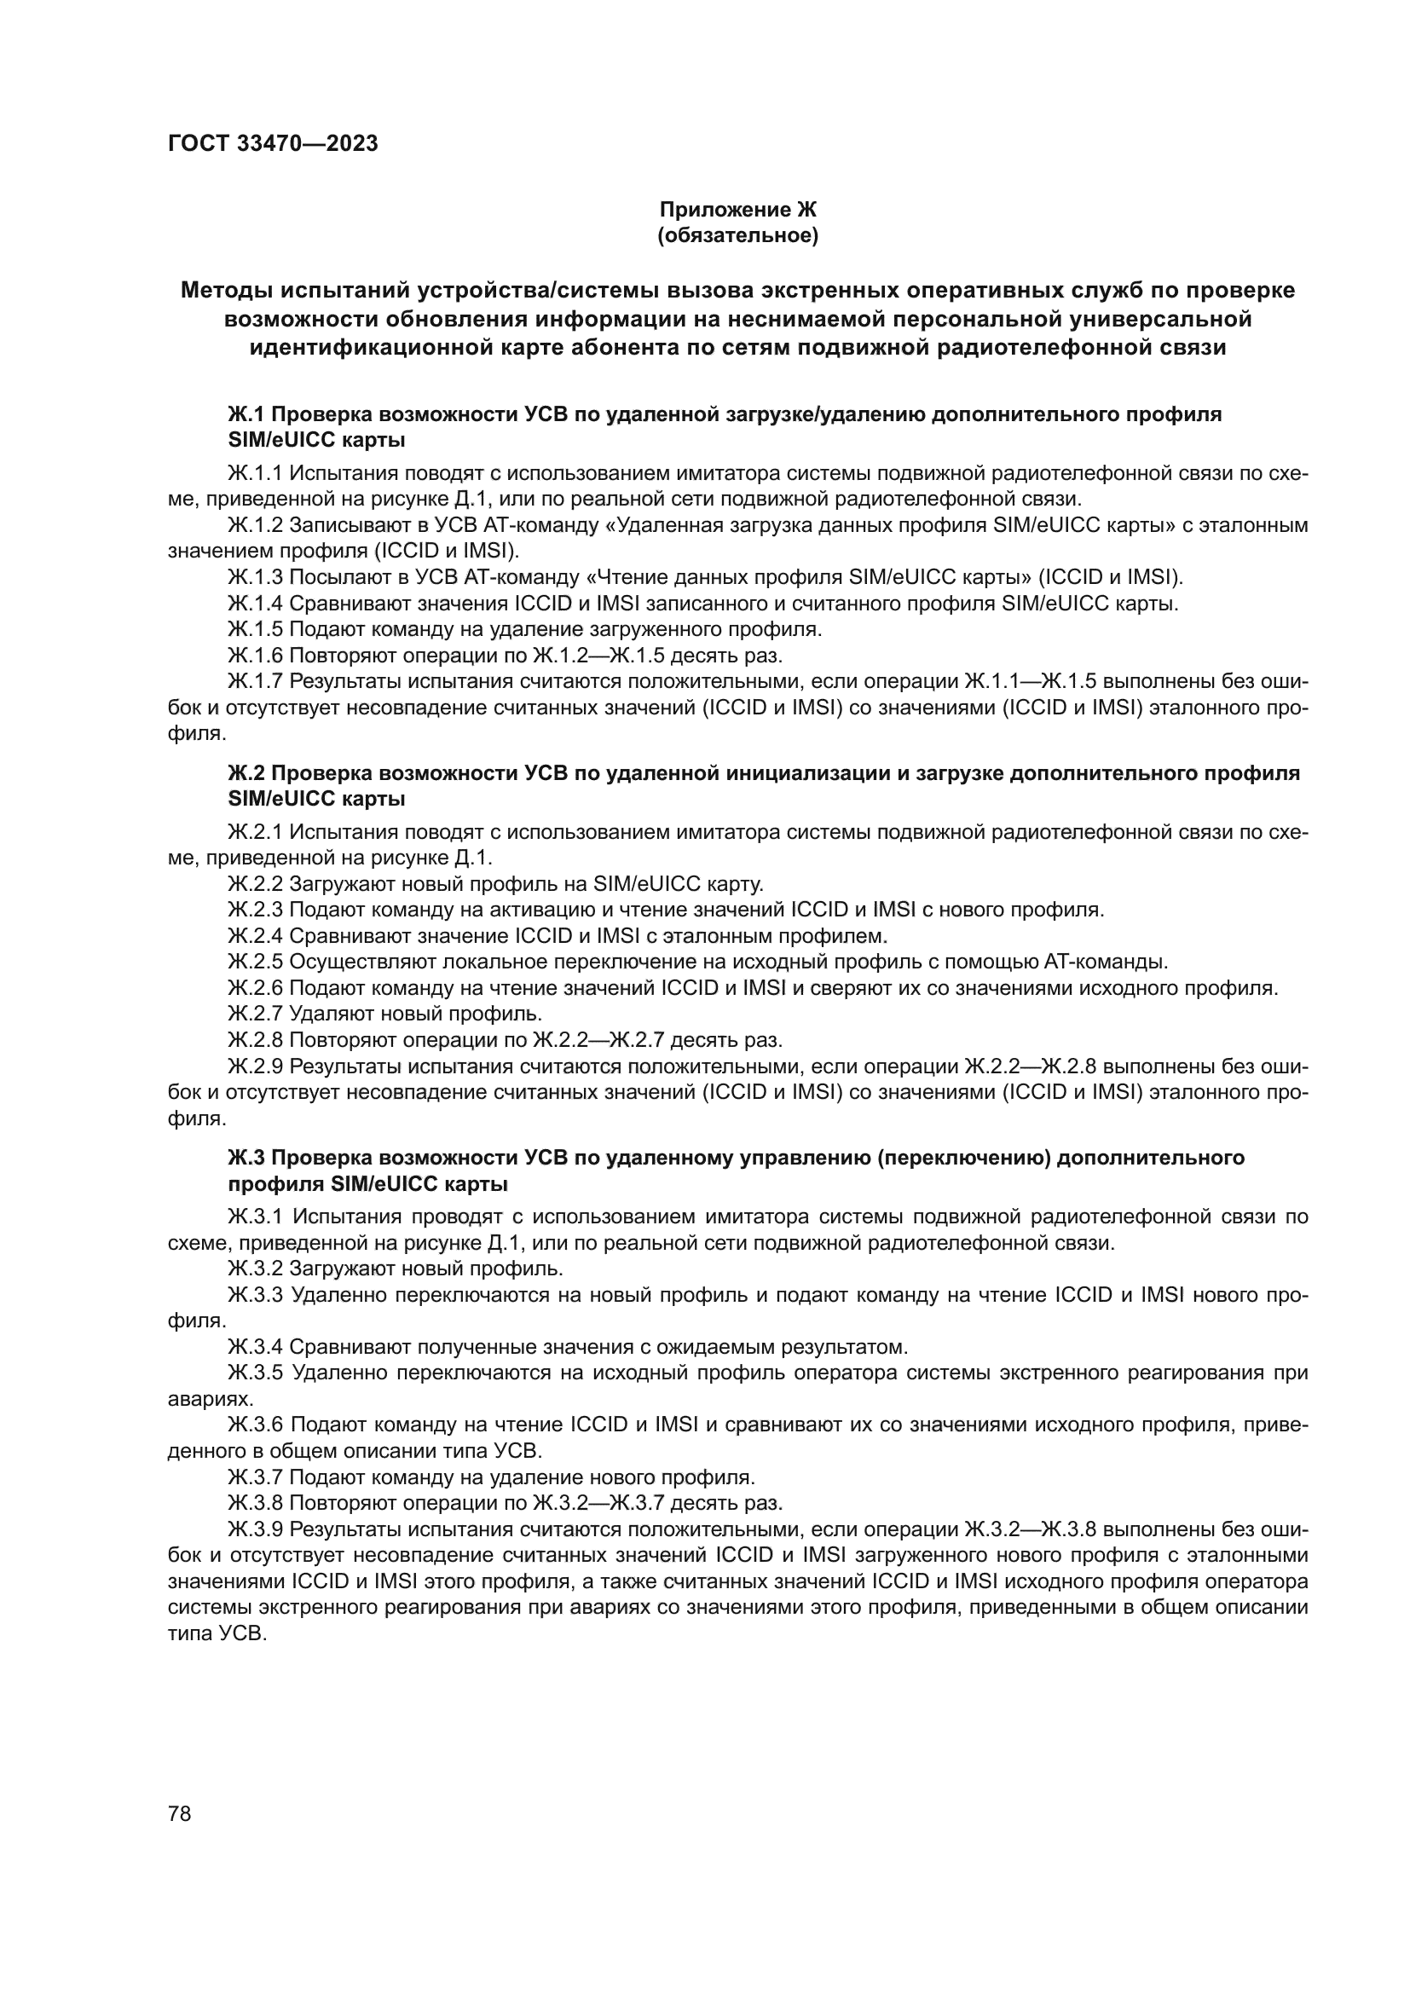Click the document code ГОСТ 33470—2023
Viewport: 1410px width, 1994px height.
tap(273, 144)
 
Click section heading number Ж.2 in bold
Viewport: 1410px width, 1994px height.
tap(246, 773)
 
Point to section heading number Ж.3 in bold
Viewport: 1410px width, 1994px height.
tap(246, 1158)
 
